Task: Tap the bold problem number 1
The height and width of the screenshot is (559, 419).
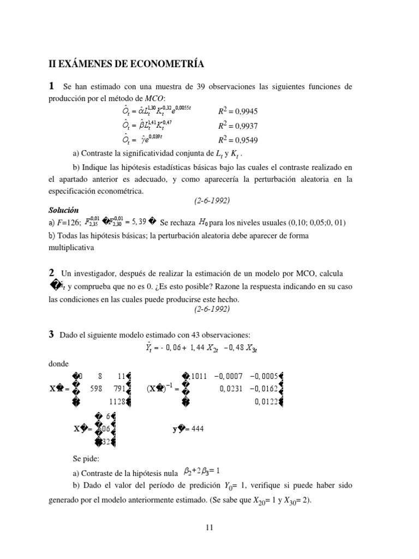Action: point(51,86)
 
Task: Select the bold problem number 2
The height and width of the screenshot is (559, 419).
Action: point(51,272)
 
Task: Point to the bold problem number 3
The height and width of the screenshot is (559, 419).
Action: point(51,334)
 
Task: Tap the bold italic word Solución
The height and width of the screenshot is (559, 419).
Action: point(64,210)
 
